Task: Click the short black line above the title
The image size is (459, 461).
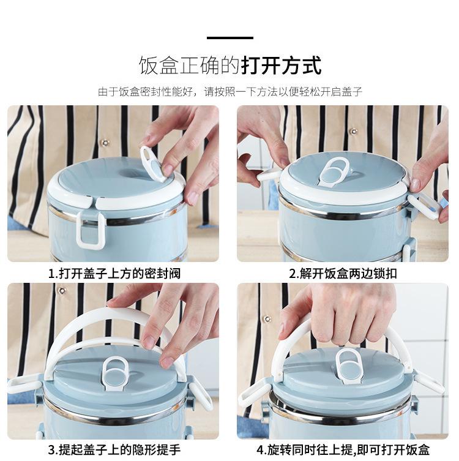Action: coord(229,38)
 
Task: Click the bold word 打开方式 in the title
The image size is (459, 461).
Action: coord(282,66)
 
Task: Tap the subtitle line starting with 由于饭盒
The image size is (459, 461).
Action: coord(230,92)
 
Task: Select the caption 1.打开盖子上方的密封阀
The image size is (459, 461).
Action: coord(114,274)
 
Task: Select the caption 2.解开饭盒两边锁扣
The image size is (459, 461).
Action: coord(343,274)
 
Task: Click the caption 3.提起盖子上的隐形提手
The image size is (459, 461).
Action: coord(114,450)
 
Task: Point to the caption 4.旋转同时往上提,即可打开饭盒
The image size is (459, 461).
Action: coord(343,450)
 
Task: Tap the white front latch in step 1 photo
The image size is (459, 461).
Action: coord(90,230)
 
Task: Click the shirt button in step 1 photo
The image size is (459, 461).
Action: coord(105,143)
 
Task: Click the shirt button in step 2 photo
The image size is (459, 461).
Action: coord(354,131)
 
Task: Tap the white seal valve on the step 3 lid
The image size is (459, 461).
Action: coord(115,373)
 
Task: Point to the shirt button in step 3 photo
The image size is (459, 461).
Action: coord(62,291)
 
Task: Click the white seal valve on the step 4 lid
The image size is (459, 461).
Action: coord(349,367)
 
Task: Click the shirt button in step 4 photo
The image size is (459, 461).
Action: coord(267,319)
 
